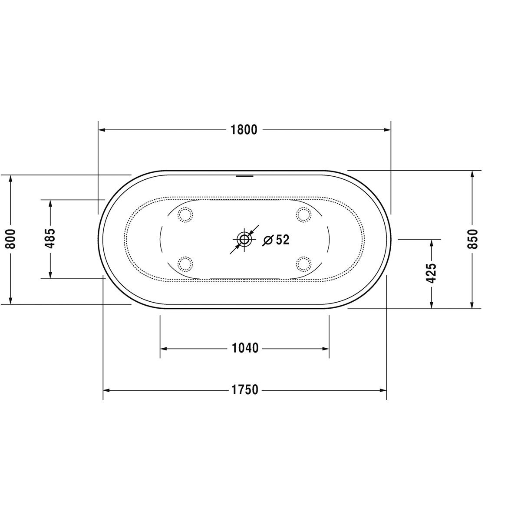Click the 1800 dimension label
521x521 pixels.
[244, 130]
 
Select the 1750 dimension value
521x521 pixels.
[245, 390]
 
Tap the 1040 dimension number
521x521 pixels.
[245, 348]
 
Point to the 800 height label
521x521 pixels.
[11, 239]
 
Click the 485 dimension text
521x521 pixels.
[50, 238]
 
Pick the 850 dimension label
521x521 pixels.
[473, 239]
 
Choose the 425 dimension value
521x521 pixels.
[431, 273]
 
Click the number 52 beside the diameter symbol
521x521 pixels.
[283, 240]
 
